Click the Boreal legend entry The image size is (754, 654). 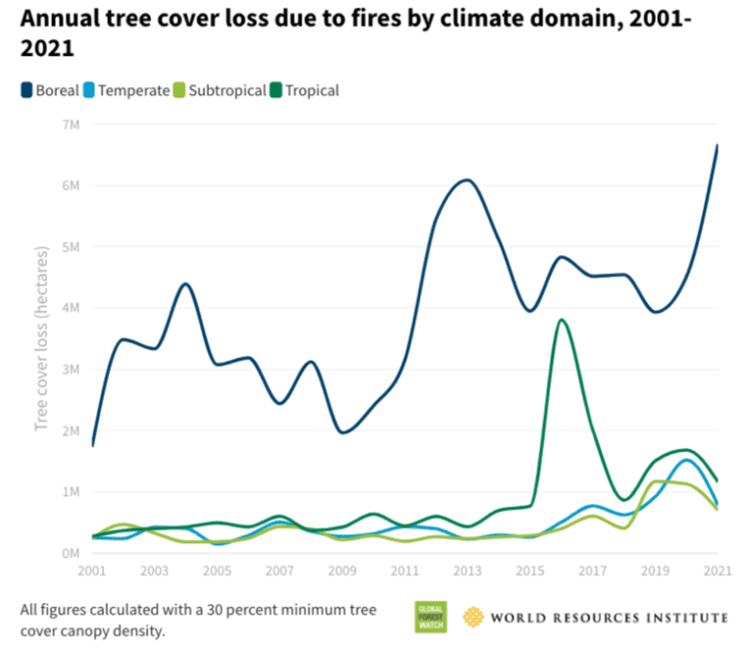point(50,90)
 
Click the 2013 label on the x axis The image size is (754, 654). point(466,571)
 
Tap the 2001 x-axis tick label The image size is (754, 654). point(91,571)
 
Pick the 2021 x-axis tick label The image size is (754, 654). point(717,571)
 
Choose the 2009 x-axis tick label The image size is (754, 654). point(342,571)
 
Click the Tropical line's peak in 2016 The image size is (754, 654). point(560,319)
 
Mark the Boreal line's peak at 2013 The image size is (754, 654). point(467,180)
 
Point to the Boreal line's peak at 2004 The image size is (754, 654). point(185,283)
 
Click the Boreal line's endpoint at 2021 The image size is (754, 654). point(718,145)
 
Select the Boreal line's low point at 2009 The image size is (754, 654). point(343,432)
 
